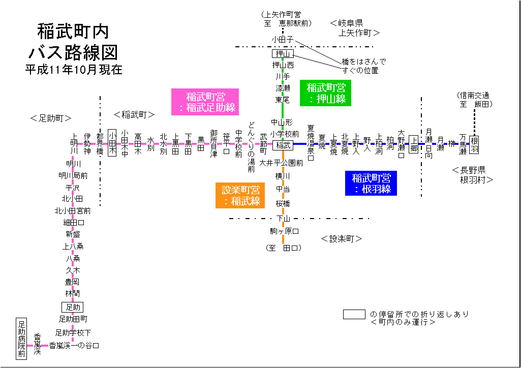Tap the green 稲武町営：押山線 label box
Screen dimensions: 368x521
point(326,94)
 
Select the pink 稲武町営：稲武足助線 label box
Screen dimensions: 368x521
point(206,102)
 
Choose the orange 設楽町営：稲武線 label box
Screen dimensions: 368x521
point(241,196)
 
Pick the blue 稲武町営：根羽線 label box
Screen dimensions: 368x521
point(372,183)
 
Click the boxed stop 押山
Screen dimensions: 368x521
point(283,54)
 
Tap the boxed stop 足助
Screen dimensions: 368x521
point(72,307)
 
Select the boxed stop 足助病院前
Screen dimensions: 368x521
point(21,339)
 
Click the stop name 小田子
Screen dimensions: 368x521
point(282,39)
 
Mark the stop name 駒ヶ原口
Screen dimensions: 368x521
point(285,231)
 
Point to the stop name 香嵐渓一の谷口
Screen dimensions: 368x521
point(74,345)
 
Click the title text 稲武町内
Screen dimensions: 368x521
point(73,32)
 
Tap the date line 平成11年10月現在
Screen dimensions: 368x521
point(74,70)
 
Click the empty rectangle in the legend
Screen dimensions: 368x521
point(354,314)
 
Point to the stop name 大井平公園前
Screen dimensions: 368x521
point(281,163)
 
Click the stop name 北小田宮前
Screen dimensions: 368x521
point(73,210)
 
